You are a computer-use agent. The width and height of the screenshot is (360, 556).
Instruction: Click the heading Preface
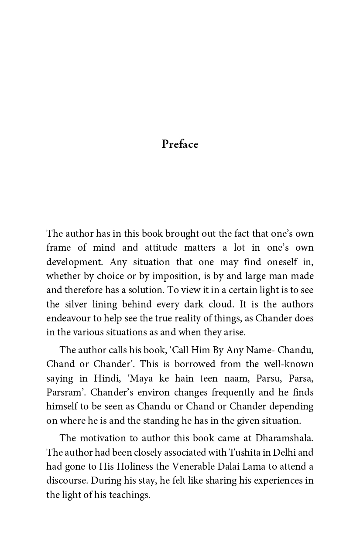pos(180,144)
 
